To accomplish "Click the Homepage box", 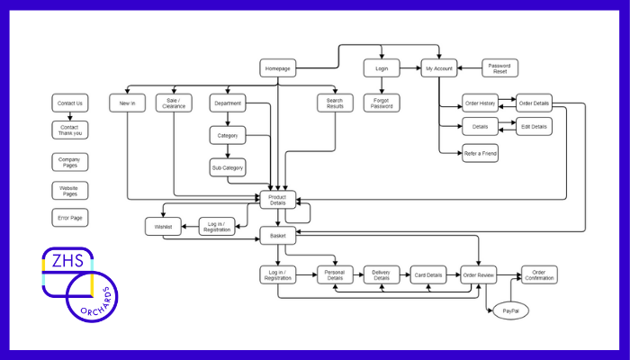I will (277, 67).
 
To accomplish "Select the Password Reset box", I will (500, 67).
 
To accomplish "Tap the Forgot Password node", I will (381, 103).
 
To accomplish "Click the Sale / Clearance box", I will (174, 103).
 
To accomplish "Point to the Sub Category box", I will (227, 167).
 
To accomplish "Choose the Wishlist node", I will (163, 226).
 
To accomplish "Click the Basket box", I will (277, 235).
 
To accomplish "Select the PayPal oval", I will (509, 310).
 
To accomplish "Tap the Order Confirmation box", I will (539, 274).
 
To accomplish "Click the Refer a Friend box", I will (481, 153).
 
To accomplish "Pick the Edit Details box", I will (534, 126).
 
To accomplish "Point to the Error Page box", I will (70, 218).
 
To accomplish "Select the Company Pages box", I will (70, 163).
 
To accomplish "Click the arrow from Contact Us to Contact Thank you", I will (70, 116).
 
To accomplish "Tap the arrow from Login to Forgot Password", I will (381, 85).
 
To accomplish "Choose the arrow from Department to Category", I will (227, 119).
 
